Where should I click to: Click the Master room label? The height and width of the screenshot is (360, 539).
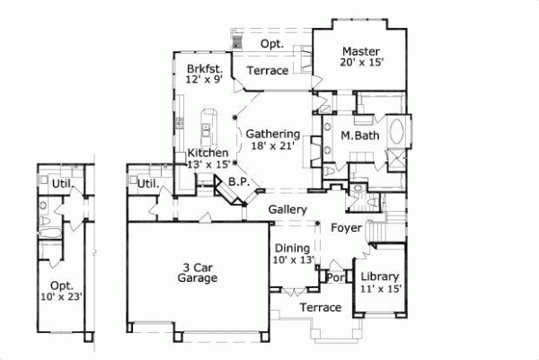(x=359, y=51)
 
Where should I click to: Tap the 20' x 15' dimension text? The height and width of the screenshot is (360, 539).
(x=359, y=64)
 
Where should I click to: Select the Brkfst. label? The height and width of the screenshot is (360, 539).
(x=205, y=68)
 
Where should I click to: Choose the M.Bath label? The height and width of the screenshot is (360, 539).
(x=358, y=136)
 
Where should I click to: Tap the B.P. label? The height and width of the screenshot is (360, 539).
(x=239, y=181)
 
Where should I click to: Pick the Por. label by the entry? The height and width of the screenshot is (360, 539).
(x=336, y=277)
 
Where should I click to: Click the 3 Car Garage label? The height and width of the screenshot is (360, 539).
(x=197, y=272)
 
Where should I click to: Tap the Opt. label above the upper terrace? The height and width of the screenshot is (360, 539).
(x=272, y=43)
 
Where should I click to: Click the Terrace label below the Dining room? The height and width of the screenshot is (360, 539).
(x=320, y=308)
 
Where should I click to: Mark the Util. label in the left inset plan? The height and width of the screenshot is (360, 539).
(x=60, y=184)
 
